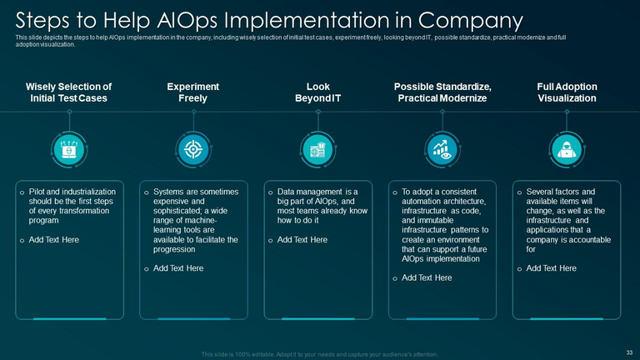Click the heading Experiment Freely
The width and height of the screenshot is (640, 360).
pos(193,92)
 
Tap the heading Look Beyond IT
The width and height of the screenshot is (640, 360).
pos(318,92)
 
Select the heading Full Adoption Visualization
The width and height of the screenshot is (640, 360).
pos(567,92)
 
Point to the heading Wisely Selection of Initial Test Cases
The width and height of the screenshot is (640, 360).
pos(68,92)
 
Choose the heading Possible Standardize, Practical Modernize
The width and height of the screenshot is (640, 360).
pos(442,92)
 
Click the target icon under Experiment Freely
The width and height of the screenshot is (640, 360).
pos(193,148)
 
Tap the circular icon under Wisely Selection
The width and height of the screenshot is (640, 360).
pos(68,148)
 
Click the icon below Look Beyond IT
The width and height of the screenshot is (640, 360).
pos(317,148)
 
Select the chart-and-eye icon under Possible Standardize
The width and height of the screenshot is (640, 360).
pos(442,148)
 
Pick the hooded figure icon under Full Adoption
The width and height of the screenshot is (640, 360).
pos(567,148)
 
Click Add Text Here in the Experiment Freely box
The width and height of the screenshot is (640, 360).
pos(178,268)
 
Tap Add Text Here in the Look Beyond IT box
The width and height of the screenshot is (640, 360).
pos(303,240)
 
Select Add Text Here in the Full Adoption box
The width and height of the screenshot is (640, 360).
pos(551,268)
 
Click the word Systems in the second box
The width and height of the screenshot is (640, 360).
pos(170,192)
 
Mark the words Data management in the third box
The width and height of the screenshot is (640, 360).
pos(309,192)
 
